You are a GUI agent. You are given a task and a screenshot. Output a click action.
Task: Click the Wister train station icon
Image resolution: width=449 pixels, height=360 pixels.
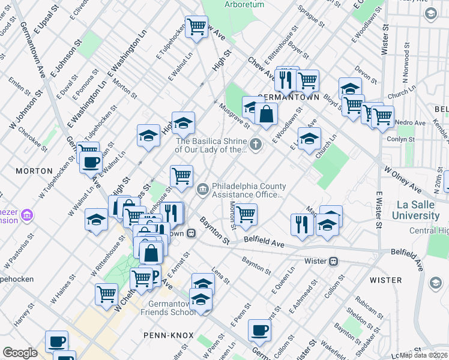333,261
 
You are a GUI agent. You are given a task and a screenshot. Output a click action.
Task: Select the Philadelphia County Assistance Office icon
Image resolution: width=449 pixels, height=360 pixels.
203,190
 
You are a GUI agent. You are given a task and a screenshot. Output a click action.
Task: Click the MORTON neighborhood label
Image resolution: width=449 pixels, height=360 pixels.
34,170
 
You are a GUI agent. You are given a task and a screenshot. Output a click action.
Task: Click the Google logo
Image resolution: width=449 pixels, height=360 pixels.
20,353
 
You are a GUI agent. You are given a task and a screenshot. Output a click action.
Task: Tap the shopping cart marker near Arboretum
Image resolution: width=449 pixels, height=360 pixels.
196,26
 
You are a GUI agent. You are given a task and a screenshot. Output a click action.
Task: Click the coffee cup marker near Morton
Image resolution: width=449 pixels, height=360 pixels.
91,161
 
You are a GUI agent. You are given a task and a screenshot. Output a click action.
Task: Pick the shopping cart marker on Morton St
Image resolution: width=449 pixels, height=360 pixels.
246,214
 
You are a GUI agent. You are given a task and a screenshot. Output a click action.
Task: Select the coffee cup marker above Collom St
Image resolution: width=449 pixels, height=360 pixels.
259,329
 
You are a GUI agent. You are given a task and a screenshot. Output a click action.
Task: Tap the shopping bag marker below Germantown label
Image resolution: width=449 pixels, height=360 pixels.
266,113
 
